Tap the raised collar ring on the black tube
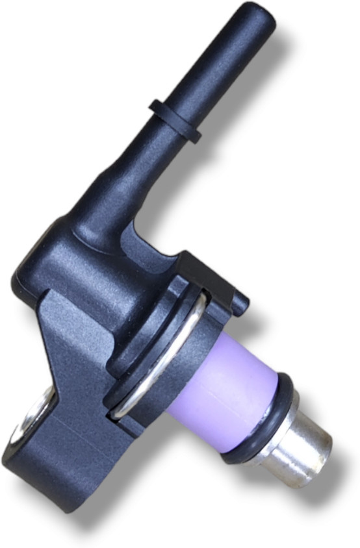point(175,121)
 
